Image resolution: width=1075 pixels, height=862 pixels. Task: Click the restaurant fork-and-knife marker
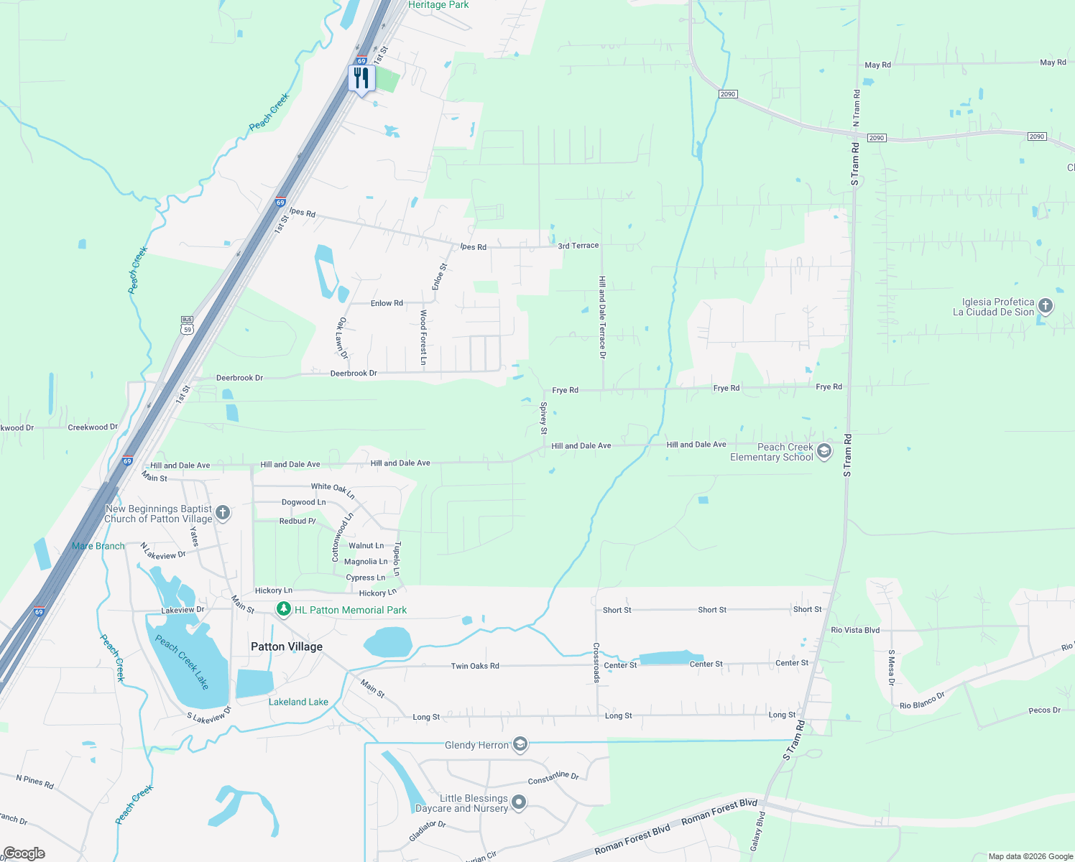point(361,78)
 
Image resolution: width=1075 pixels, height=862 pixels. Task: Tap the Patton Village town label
point(287,646)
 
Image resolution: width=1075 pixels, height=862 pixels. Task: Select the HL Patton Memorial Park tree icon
point(284,610)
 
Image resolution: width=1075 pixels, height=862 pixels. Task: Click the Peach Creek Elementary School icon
point(824,452)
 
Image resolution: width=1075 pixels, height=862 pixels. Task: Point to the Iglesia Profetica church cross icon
point(1046,307)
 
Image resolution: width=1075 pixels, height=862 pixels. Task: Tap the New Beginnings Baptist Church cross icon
point(223,513)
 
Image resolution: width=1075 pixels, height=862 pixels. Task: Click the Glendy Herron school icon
point(520,745)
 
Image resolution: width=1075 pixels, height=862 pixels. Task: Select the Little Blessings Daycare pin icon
point(518,803)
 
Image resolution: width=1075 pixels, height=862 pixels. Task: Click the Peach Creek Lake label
point(182,662)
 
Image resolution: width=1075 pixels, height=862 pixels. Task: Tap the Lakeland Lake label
point(298,702)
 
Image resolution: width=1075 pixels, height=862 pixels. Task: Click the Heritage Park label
point(438,5)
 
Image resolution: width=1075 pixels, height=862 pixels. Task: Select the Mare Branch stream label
point(98,546)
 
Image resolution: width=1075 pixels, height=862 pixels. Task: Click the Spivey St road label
point(544,419)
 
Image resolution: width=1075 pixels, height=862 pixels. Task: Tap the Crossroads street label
point(596,662)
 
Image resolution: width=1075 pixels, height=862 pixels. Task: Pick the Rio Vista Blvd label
point(855,630)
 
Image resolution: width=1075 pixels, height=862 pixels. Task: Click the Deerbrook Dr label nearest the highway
point(239,378)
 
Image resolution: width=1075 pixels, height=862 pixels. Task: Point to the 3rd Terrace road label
point(578,246)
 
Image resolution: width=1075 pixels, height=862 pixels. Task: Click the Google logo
point(24,853)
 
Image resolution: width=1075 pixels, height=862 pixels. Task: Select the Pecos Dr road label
point(1044,710)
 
